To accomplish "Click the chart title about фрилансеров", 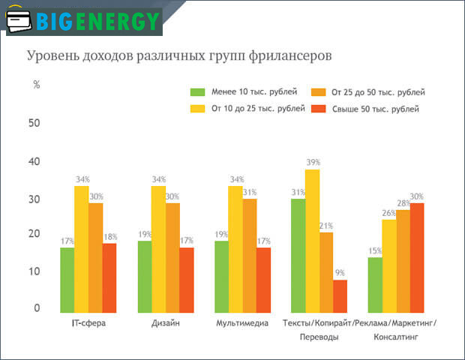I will click(x=179, y=56).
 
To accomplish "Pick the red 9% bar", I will click(x=340, y=295).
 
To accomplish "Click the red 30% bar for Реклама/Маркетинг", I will click(x=418, y=256).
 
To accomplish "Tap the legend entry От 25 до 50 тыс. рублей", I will click(x=367, y=92).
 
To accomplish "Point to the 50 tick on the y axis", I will click(x=34, y=122).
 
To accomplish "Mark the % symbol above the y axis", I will click(x=36, y=85).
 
